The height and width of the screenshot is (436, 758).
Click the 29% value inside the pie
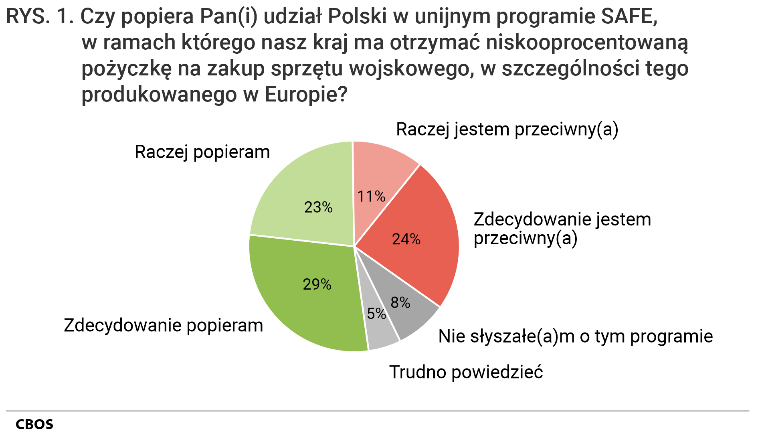pyautogui.click(x=317, y=284)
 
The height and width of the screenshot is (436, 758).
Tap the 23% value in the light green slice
pyautogui.click(x=318, y=207)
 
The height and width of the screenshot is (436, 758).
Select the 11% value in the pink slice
pyautogui.click(x=371, y=196)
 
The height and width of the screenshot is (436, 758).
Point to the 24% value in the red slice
pyautogui.click(x=406, y=239)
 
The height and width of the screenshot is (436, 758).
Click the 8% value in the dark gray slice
pyautogui.click(x=400, y=302)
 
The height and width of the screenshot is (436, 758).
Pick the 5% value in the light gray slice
pyautogui.click(x=376, y=313)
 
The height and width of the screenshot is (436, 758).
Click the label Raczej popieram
pyautogui.click(x=202, y=152)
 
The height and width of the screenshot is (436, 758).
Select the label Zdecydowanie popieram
pyautogui.click(x=163, y=325)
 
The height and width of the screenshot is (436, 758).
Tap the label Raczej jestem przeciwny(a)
pyautogui.click(x=507, y=129)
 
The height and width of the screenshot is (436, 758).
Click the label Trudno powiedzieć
pyautogui.click(x=466, y=372)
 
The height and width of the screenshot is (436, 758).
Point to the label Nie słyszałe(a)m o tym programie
pyautogui.click(x=575, y=336)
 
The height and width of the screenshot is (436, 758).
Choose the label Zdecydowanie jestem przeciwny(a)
pyautogui.click(x=562, y=229)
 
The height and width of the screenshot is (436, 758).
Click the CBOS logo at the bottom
pyautogui.click(x=34, y=424)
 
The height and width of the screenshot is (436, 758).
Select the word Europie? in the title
pyautogui.click(x=305, y=95)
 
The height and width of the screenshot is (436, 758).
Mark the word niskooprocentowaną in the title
pyautogui.click(x=586, y=43)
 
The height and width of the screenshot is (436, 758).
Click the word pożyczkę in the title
pyautogui.click(x=127, y=69)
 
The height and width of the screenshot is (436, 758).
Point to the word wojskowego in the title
pyautogui.click(x=409, y=69)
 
